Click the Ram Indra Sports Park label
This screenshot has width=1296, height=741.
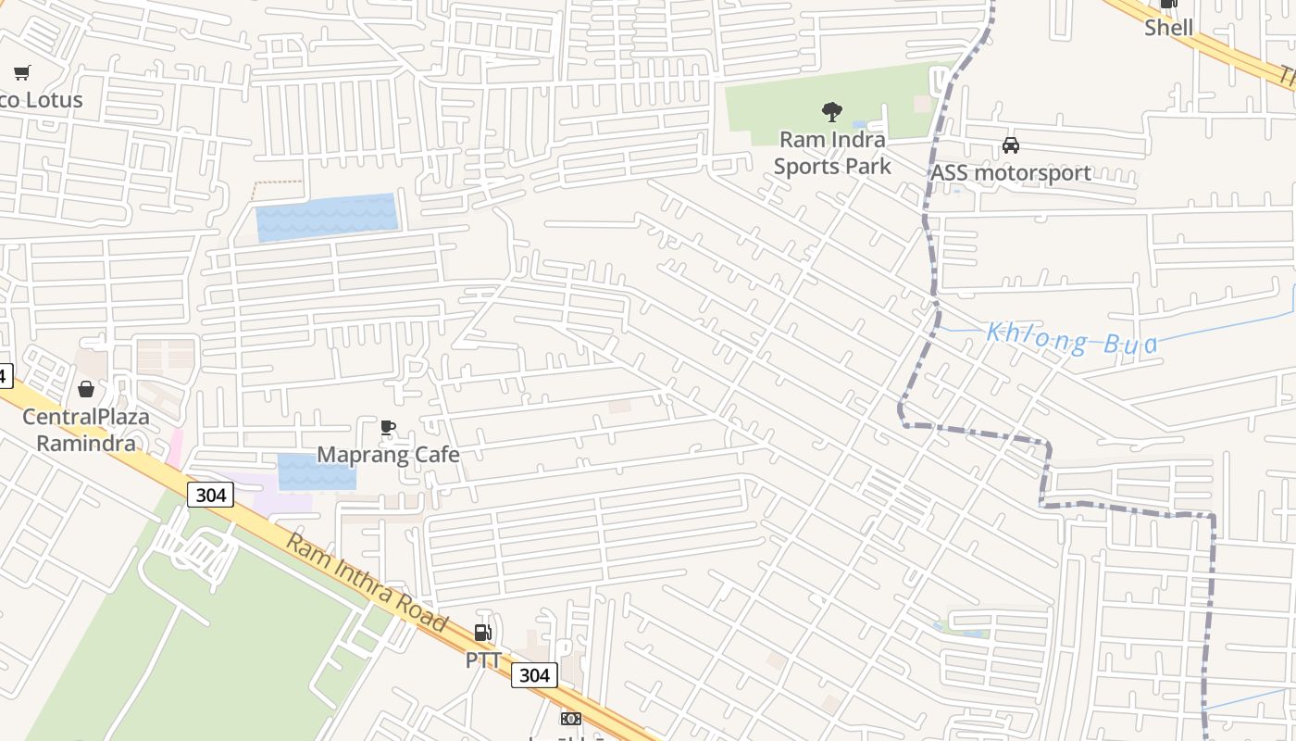tap(831, 153)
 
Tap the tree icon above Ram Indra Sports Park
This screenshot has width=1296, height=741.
tap(831, 112)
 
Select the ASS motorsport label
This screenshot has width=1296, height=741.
tap(1010, 173)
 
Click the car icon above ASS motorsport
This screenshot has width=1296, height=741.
tap(1010, 146)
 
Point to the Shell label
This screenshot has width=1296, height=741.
tap(1168, 28)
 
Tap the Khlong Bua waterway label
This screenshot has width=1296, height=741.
tap(1071, 339)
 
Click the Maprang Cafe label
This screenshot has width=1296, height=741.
tap(388, 455)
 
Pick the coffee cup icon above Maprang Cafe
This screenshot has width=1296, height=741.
tap(388, 428)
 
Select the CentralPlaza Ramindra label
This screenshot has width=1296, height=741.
tap(85, 430)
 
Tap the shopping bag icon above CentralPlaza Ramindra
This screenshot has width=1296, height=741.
tap(86, 389)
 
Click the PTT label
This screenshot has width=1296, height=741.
tap(483, 660)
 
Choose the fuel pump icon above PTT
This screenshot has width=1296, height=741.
tap(482, 634)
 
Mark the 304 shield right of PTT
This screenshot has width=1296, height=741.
tap(534, 675)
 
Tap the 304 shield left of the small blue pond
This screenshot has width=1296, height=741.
tap(210, 495)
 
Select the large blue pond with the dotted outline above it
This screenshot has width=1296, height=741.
tap(326, 217)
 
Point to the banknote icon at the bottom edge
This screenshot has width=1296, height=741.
tap(571, 719)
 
